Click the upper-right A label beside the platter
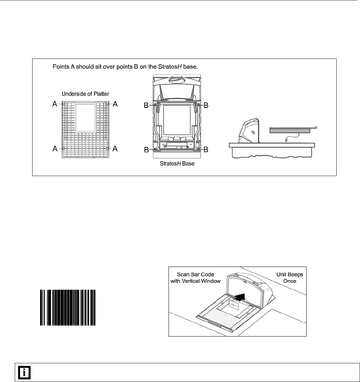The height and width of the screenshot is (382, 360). coord(115,104)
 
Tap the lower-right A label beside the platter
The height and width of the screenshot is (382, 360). coord(115,149)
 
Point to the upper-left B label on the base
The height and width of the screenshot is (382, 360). coord(146,105)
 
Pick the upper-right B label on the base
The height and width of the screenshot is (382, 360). coord(206,105)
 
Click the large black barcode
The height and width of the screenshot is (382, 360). coord(68,307)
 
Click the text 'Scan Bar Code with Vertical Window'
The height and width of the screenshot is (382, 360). coord(195,278)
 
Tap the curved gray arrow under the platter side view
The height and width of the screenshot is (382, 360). coord(291,137)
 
